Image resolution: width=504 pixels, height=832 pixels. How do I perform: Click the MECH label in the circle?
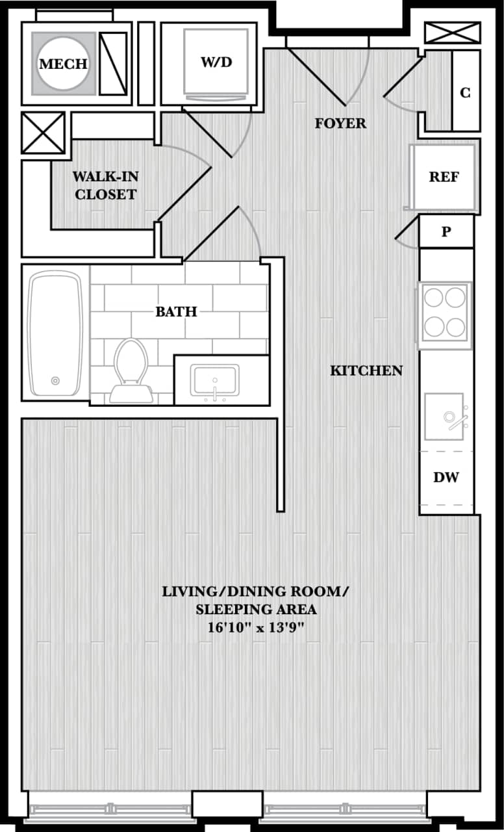click(x=63, y=64)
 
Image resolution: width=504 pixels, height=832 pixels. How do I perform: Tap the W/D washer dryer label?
click(x=216, y=62)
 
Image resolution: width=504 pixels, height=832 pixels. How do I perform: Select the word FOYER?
click(x=340, y=123)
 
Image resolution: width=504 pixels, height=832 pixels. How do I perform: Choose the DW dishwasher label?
click(x=446, y=478)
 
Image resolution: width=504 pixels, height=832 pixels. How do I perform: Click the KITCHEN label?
click(x=366, y=370)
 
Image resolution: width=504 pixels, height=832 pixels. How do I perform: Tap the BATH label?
click(x=176, y=312)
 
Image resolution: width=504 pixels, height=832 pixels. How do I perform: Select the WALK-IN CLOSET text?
click(x=105, y=185)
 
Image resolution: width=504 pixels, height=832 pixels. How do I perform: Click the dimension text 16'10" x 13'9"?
click(x=256, y=629)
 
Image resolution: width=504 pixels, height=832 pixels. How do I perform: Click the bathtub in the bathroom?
click(x=55, y=335)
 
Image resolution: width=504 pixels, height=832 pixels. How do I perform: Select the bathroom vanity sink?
click(x=214, y=381)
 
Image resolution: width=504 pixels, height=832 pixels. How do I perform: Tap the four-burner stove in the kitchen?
click(x=445, y=313)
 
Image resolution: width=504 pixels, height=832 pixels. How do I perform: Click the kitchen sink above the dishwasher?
click(x=446, y=412)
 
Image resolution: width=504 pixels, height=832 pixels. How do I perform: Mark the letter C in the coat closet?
click(x=465, y=93)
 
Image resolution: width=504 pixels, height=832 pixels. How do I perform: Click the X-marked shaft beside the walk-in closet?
click(x=44, y=133)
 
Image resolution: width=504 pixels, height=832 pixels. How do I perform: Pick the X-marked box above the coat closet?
click(x=452, y=32)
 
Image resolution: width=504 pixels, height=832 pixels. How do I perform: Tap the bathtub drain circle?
click(x=55, y=381)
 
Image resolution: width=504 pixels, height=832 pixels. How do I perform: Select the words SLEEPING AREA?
click(x=256, y=610)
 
